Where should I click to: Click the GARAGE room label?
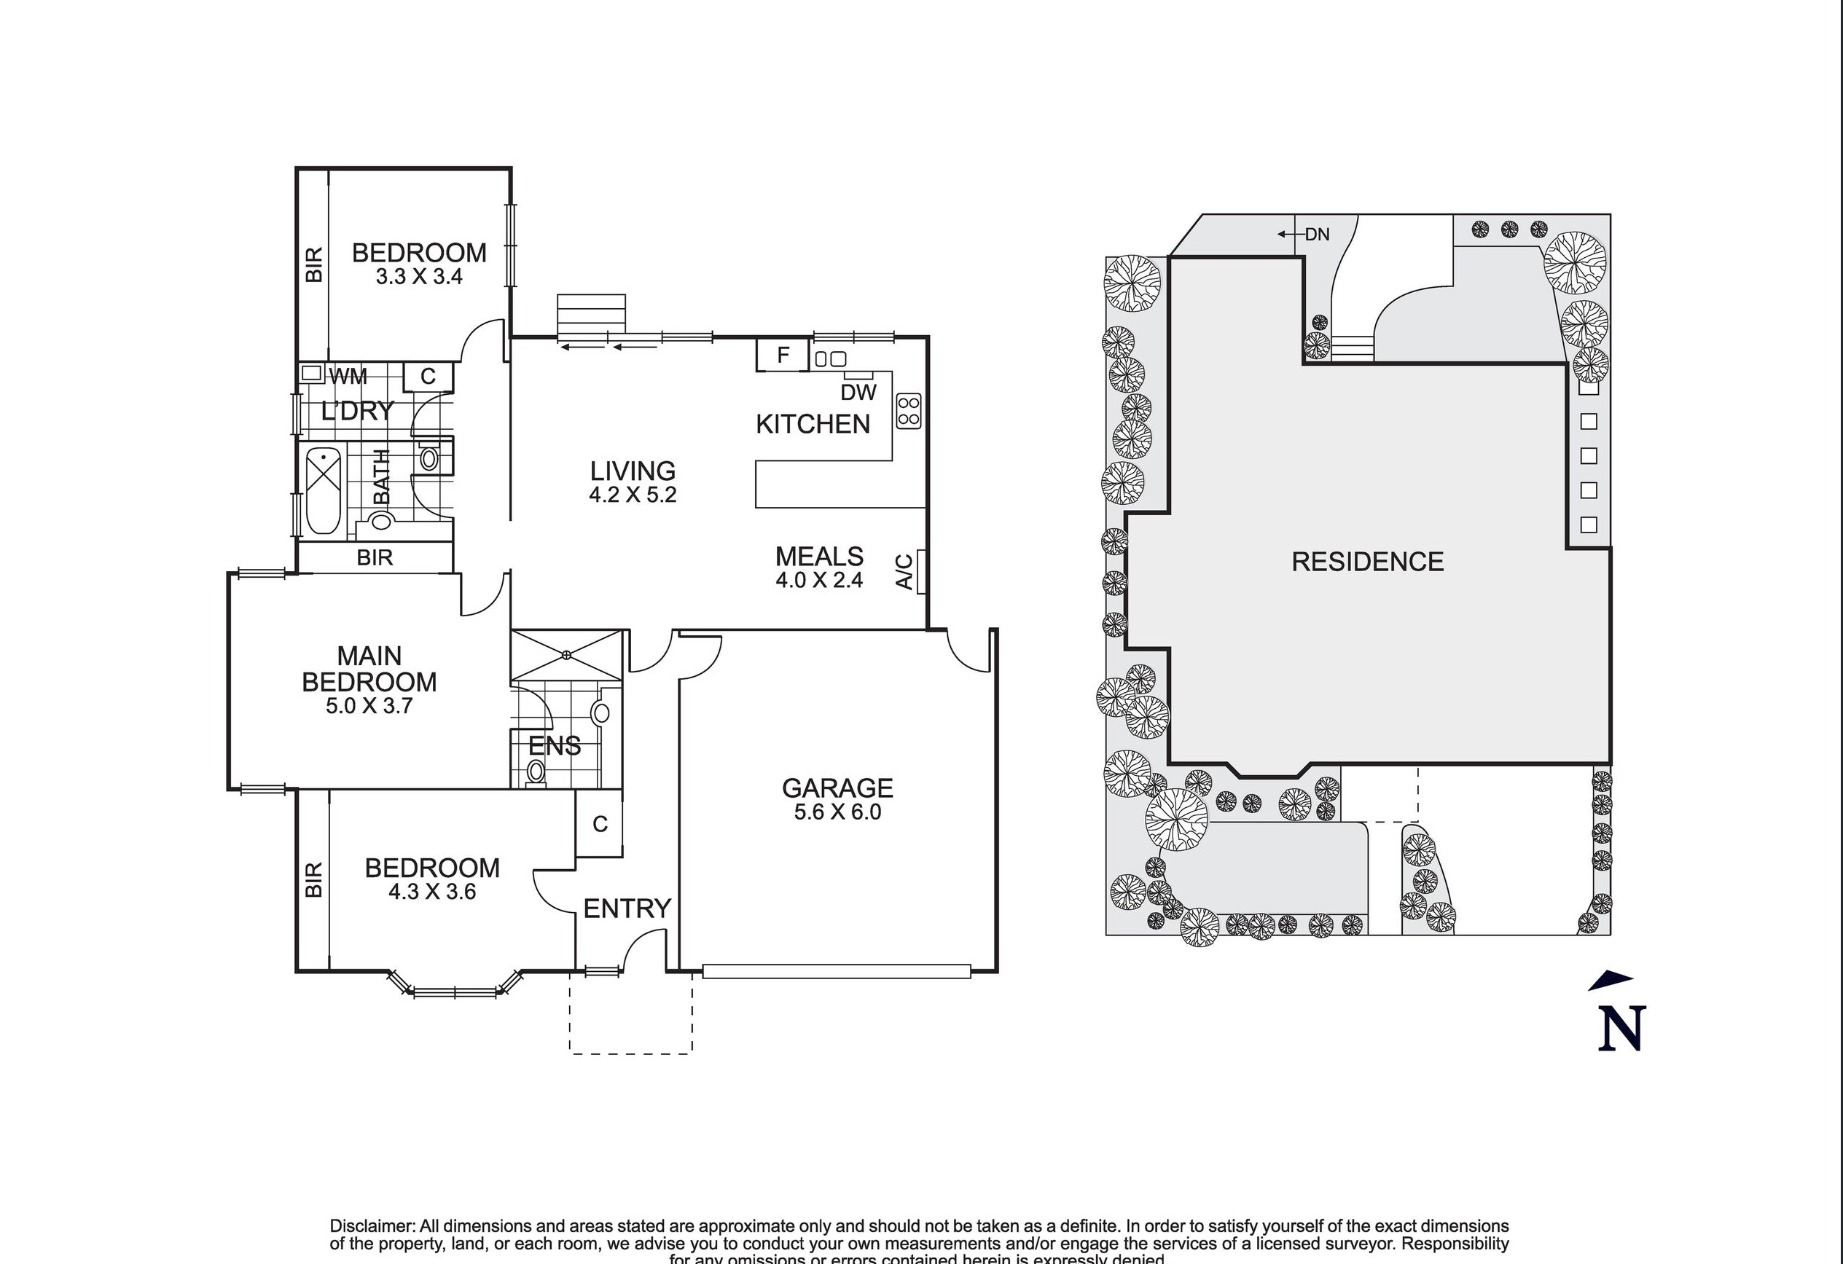pos(837,788)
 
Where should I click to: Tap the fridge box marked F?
pos(782,356)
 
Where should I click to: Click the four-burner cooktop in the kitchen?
pos(909,412)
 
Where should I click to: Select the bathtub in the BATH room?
pos(323,490)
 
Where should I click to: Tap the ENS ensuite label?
pos(555,746)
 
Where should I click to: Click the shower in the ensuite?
pos(566,655)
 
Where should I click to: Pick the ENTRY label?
pos(627,908)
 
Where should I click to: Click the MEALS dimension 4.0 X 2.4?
pos(819,581)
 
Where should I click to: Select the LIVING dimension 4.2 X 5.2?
pos(632,495)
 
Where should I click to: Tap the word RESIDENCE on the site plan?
pos(1367,562)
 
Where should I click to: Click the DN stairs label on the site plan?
pos(1318,235)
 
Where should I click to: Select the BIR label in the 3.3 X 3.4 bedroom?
pos(314,264)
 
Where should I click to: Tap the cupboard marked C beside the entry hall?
pos(600,825)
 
